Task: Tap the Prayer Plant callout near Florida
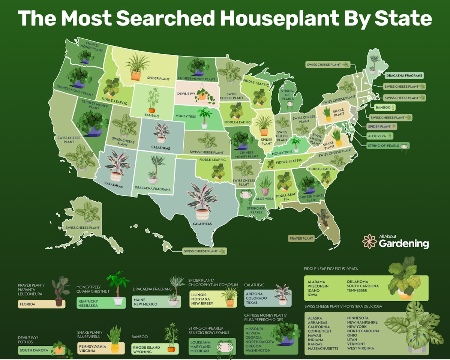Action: pos(301,238)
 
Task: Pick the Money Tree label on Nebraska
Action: pos(186,116)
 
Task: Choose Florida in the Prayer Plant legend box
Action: pos(28,304)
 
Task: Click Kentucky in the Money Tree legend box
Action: pos(88,301)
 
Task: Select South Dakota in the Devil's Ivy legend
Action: pos(34,350)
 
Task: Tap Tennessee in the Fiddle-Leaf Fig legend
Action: pos(357,290)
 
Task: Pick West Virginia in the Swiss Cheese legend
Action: pos(360,348)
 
